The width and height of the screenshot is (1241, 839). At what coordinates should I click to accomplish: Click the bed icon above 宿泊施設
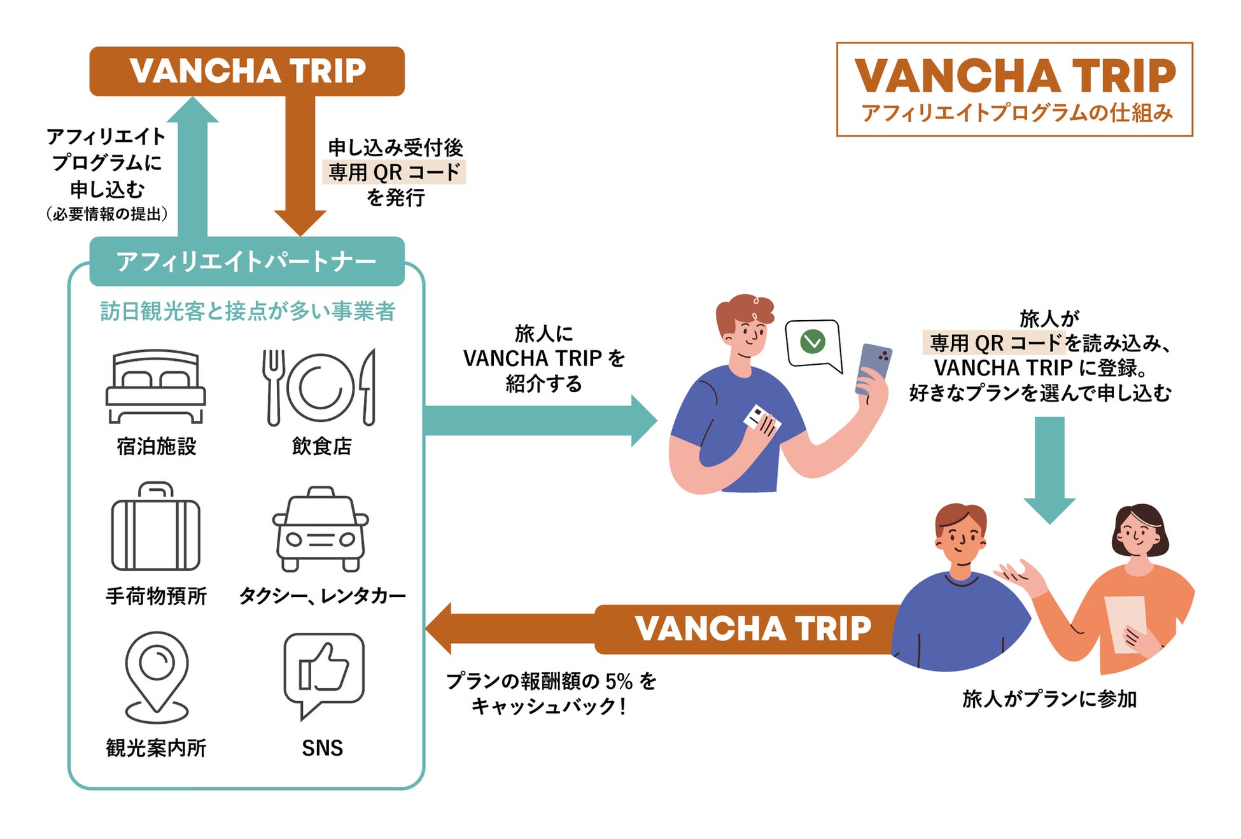click(x=155, y=386)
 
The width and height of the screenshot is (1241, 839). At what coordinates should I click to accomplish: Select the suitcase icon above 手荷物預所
click(x=155, y=526)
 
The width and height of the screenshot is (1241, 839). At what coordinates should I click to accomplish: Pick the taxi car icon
click(x=321, y=529)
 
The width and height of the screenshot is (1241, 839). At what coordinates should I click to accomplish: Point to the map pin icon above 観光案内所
click(x=157, y=677)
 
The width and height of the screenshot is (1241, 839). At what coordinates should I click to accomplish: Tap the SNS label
click(x=322, y=748)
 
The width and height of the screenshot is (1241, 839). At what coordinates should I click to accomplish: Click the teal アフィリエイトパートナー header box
click(x=247, y=261)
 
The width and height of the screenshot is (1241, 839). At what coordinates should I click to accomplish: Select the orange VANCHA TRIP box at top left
click(x=247, y=71)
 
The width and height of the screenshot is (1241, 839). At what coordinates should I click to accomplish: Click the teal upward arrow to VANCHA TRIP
click(x=192, y=167)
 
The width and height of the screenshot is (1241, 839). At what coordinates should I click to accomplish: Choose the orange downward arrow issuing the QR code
click(x=300, y=166)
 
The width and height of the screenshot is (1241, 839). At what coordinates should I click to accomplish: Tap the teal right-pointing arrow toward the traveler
click(x=540, y=421)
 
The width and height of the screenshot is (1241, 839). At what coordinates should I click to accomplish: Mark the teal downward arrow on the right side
click(x=1049, y=470)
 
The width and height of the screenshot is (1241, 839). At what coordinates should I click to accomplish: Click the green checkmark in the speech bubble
click(x=813, y=342)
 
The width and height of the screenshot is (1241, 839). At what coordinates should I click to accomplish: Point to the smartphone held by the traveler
click(x=873, y=369)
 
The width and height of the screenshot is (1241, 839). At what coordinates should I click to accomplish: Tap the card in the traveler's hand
click(x=761, y=419)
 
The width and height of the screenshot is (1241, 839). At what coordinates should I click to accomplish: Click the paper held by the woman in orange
click(x=1126, y=624)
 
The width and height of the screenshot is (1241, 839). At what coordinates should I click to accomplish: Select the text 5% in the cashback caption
click(x=619, y=682)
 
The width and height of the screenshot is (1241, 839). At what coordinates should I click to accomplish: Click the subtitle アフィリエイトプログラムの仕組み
click(x=1017, y=113)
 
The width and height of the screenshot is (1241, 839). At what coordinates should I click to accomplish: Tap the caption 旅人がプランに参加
click(x=1049, y=699)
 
